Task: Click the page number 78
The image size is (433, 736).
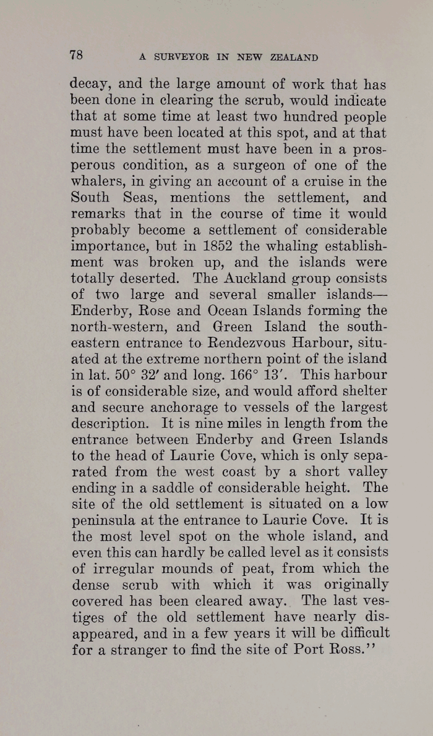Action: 76,55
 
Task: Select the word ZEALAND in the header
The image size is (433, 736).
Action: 294,57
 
